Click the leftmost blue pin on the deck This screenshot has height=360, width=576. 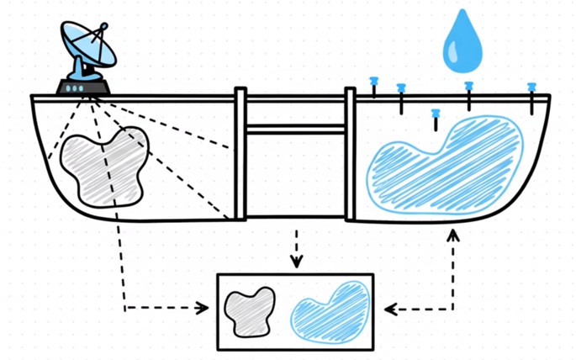pos(374,81)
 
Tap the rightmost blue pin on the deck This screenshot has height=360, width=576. pos(531,87)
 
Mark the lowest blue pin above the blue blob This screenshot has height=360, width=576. pos(435,113)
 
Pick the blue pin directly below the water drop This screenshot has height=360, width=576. pos(469,86)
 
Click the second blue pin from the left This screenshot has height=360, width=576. pos(401,87)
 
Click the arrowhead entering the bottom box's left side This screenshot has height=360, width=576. pos(203,309)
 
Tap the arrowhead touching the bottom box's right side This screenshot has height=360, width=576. pos(388,310)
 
